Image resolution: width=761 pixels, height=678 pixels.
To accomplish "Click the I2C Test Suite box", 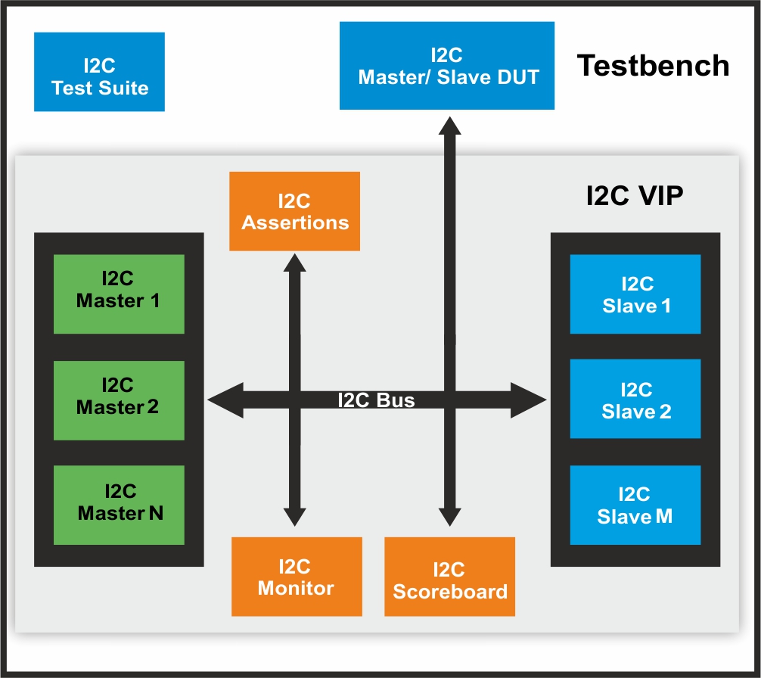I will pyautogui.click(x=99, y=72).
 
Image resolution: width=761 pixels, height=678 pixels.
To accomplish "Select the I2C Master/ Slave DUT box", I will pyautogui.click(x=446, y=66).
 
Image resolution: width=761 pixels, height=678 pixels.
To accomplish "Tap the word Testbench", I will pyautogui.click(x=653, y=66).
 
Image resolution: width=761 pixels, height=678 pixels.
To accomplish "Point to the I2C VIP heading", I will pyautogui.click(x=635, y=196).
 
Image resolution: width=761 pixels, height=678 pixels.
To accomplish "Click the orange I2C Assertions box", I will pyautogui.click(x=294, y=212).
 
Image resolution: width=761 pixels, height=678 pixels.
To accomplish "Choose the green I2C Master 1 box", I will pyautogui.click(x=119, y=294).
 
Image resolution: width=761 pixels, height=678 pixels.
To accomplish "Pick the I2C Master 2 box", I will pyautogui.click(x=119, y=400).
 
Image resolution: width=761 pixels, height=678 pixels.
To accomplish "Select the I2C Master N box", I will pyautogui.click(x=119, y=505).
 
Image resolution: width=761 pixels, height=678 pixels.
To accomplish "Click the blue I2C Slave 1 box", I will pyautogui.click(x=635, y=294).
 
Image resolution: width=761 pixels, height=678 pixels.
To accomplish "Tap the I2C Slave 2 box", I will pyautogui.click(x=635, y=400).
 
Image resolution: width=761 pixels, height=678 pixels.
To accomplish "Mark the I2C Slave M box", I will pyautogui.click(x=635, y=505).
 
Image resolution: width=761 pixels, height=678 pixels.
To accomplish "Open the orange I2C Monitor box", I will pyautogui.click(x=296, y=577).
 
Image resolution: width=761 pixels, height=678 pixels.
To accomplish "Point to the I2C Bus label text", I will pyautogui.click(x=376, y=400).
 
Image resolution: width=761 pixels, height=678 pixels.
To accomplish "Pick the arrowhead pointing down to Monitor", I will pyautogui.click(x=294, y=516).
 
